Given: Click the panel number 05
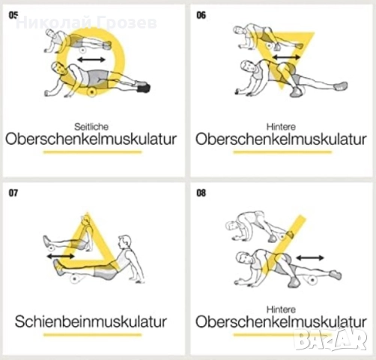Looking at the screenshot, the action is pyautogui.click(x=13, y=15).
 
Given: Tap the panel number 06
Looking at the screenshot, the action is pyautogui.click(x=201, y=15).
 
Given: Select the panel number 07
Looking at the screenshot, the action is pyautogui.click(x=13, y=193).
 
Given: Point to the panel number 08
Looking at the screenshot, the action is pyautogui.click(x=201, y=193).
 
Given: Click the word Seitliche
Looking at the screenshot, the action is pyautogui.click(x=91, y=127).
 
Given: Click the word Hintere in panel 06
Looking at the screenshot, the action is pyautogui.click(x=281, y=127).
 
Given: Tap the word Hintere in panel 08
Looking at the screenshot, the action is pyautogui.click(x=281, y=310).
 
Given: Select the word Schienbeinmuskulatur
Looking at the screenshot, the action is pyautogui.click(x=91, y=322).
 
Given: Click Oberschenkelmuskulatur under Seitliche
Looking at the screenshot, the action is pyautogui.click(x=91, y=139).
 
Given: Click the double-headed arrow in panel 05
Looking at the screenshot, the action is pyautogui.click(x=91, y=59).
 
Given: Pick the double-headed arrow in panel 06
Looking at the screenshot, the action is pyautogui.click(x=286, y=57).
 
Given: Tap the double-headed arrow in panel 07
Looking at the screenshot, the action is pyautogui.click(x=61, y=256).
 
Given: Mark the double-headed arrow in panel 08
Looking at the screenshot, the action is pyautogui.click(x=310, y=257).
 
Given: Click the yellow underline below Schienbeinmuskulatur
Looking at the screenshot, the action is pyautogui.click(x=93, y=334).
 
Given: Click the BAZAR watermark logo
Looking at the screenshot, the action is pyautogui.click(x=331, y=340).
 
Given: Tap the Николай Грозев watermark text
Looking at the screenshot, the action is pyautogui.click(x=86, y=22).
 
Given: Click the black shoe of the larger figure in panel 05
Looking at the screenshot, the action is pyautogui.click(x=144, y=87).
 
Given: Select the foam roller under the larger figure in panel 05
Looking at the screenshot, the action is pyautogui.click(x=92, y=92).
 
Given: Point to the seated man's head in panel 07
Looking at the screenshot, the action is pyautogui.click(x=125, y=241).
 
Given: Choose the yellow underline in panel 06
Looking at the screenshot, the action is pyautogui.click(x=282, y=151).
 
